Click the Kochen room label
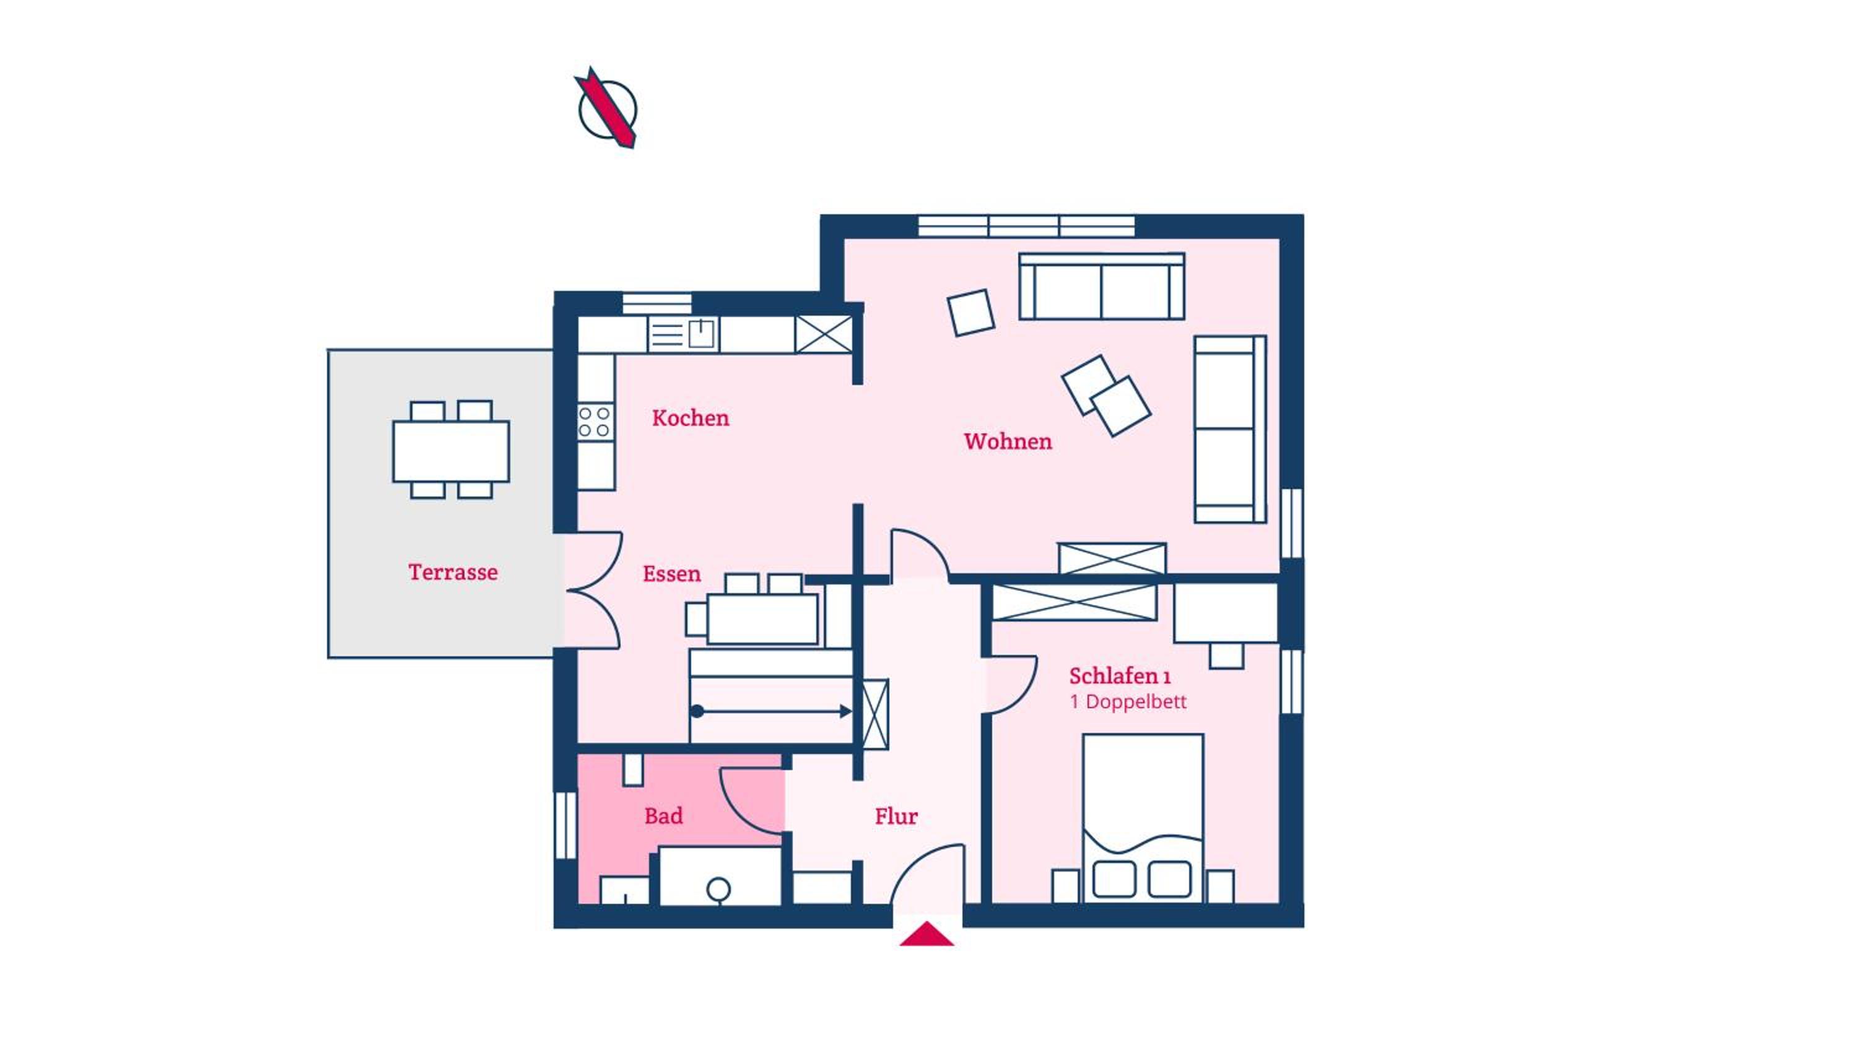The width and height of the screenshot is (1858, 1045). point(691,418)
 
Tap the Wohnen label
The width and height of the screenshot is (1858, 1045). point(1008,441)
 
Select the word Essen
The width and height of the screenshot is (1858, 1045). point(671,574)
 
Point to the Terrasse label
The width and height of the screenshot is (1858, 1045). point(453,573)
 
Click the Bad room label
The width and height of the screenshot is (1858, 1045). point(663,817)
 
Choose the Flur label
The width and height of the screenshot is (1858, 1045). point(896,817)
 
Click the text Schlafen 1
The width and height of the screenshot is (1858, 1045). point(1119,677)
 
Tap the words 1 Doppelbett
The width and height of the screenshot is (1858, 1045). point(1128,701)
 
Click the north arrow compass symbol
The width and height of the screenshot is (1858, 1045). point(606,108)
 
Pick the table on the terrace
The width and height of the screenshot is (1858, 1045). point(451,451)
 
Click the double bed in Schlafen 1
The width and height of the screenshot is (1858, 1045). point(1143,818)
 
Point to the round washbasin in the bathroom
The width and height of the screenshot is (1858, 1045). point(718,888)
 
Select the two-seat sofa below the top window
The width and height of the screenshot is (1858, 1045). point(1101,285)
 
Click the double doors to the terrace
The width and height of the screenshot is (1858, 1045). point(593,590)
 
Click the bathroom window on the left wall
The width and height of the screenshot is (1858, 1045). point(565,826)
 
